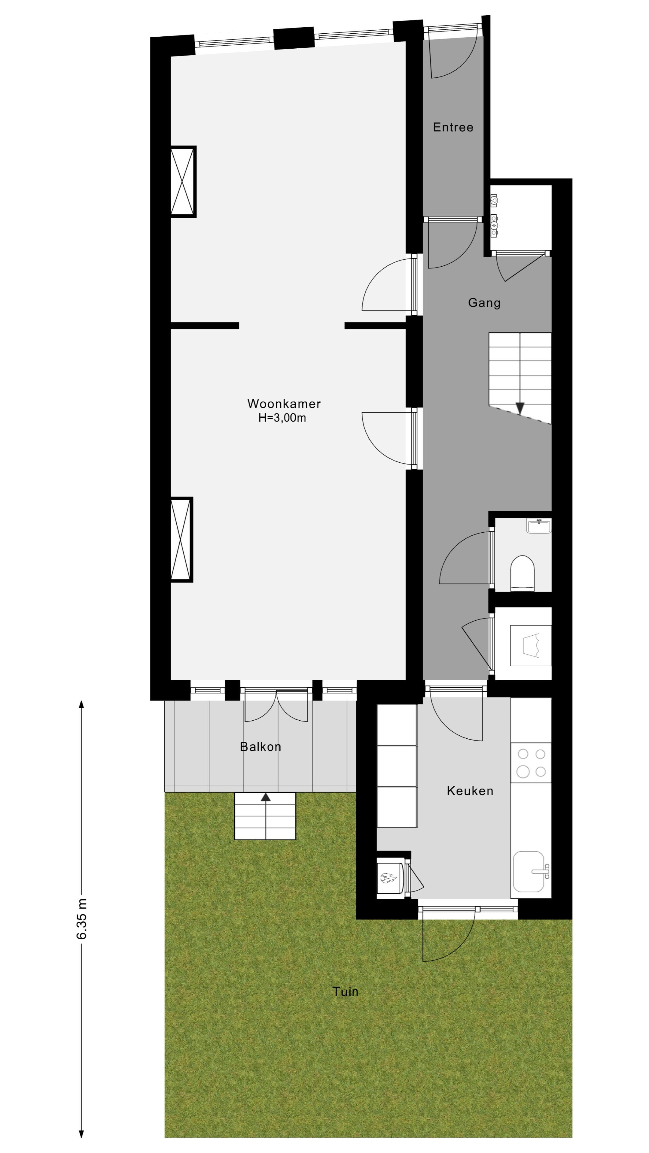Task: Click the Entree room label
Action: pos(453,128)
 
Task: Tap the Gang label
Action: pos(484,303)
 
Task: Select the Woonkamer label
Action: pos(284,404)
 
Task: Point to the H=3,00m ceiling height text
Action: pos(282,418)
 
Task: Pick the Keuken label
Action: pos(470,791)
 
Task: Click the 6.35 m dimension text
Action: pos(82,918)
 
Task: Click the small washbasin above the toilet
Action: pos(539,526)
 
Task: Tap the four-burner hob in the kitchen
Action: pos(531,763)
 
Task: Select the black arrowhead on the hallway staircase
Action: pos(520,408)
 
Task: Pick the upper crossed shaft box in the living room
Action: pos(183,182)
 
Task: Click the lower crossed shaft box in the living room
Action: pos(181,539)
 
